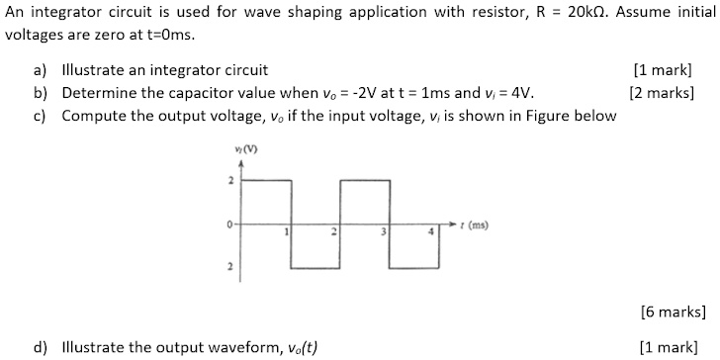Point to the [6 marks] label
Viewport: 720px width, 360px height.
(x=674, y=313)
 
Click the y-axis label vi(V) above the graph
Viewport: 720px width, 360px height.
(x=237, y=149)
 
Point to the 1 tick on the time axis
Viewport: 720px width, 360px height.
(x=286, y=232)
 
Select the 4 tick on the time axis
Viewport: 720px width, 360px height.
(x=430, y=232)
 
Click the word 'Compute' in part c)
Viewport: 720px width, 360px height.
(x=93, y=116)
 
